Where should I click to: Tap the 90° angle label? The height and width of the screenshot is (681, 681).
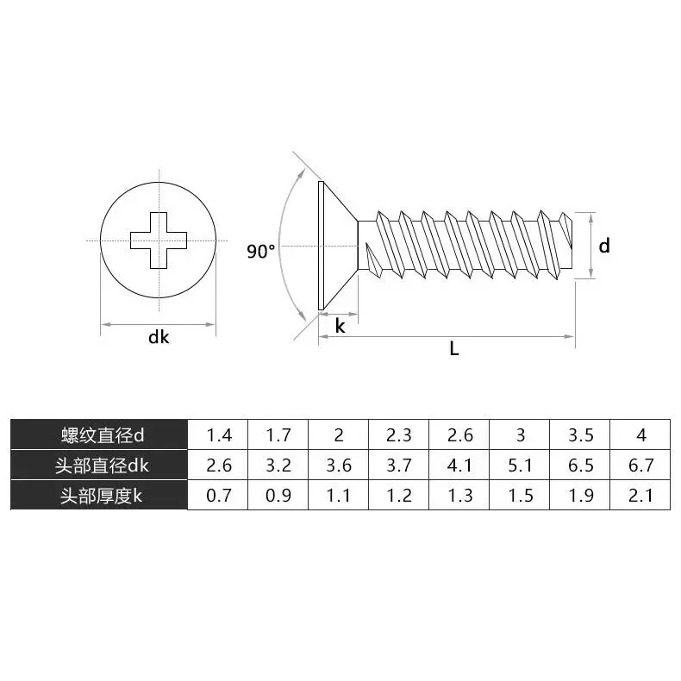pos(261,252)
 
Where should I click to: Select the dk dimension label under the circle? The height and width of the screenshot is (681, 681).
pos(159,337)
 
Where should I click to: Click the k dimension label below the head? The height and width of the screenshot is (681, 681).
pos(340,326)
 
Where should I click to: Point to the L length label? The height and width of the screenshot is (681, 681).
pos(454,349)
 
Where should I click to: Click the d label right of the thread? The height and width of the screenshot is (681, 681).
pos(604,246)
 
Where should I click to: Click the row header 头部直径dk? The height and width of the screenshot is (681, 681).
pos(99,465)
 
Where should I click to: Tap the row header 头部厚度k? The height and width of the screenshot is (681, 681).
pos(99,496)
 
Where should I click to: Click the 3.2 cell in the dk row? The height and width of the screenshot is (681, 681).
pos(278,465)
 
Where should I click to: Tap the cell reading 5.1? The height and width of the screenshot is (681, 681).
pos(520,465)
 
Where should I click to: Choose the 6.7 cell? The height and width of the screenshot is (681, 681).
pos(640,465)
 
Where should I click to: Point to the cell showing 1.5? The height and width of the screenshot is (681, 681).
pos(520,496)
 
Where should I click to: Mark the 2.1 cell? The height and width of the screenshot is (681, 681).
pos(640,496)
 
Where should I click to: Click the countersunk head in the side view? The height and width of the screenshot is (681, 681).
pos(336,246)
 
